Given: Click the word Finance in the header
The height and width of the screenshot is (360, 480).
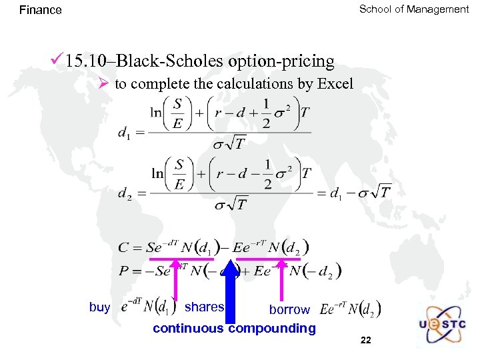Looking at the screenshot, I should [40, 10].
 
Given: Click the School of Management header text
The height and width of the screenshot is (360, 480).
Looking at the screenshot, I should [414, 9].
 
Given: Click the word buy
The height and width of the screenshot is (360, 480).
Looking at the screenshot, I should [99, 307].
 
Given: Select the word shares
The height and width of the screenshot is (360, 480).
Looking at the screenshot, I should [204, 307].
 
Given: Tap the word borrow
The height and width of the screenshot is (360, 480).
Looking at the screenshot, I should [289, 310].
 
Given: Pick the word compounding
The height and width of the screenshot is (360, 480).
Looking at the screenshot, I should [272, 328].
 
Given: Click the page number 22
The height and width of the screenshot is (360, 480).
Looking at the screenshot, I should [365, 341].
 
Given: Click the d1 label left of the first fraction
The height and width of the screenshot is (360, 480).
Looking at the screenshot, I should [124, 133].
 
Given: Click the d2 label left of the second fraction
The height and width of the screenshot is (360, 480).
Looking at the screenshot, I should [124, 193].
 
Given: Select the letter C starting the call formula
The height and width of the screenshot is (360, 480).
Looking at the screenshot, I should [123, 248].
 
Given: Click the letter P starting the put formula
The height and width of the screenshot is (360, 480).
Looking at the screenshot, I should [123, 271].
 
